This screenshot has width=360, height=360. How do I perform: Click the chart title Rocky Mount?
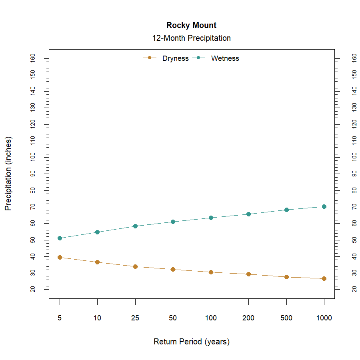pos(191,25)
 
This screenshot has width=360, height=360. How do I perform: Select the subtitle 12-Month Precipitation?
pos(191,38)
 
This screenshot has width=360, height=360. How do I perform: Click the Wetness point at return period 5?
pos(60,238)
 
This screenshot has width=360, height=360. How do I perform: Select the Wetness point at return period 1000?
pos(324,206)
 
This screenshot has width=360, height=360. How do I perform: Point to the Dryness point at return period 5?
pos(60,257)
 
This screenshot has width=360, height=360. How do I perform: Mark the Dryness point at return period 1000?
pos(324,278)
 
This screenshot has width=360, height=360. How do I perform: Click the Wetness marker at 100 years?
pos(211,218)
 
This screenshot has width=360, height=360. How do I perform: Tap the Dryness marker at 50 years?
pos(173,269)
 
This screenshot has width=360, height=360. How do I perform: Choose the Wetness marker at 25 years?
pos(135,226)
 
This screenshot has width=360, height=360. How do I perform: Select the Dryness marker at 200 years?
pos(248,274)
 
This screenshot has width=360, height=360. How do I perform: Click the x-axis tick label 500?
pos(286,318)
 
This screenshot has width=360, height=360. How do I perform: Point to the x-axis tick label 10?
pos(97,318)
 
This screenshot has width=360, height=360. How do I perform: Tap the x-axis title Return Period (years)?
pos(191,342)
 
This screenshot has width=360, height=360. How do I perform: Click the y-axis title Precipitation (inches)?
pos(8,174)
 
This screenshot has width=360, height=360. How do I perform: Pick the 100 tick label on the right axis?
pos(354,157)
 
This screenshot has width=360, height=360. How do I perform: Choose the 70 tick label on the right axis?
pos(354,207)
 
